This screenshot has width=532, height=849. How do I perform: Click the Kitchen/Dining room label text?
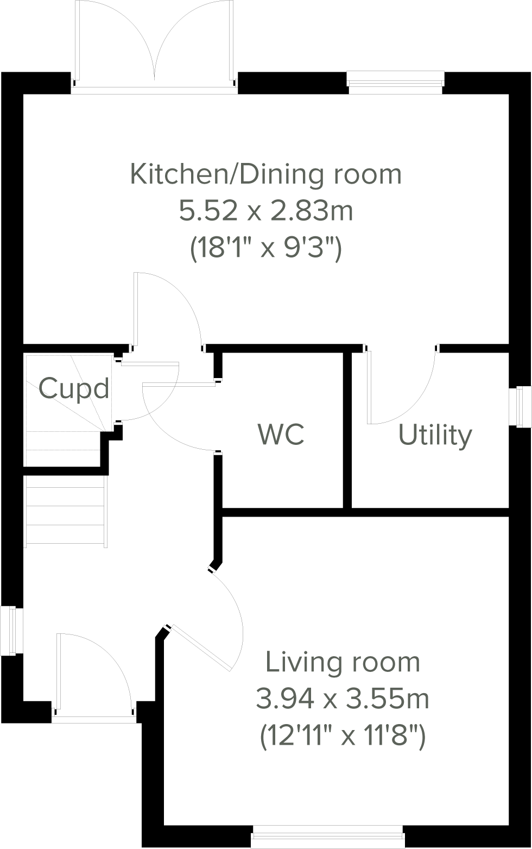(266, 174)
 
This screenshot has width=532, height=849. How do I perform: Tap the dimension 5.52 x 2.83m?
(266, 211)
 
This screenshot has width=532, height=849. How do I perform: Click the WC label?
(281, 434)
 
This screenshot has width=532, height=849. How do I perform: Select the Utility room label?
(435, 436)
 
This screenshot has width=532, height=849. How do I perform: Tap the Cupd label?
(74, 389)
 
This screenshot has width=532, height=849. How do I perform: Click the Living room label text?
(343, 662)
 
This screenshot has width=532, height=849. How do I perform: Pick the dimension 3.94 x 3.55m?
(343, 699)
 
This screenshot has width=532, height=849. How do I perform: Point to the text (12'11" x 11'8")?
(343, 737)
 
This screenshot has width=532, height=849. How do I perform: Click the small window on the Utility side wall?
(522, 406)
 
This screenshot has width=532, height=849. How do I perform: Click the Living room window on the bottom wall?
(328, 838)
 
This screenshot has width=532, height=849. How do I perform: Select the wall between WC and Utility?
(347, 429)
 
